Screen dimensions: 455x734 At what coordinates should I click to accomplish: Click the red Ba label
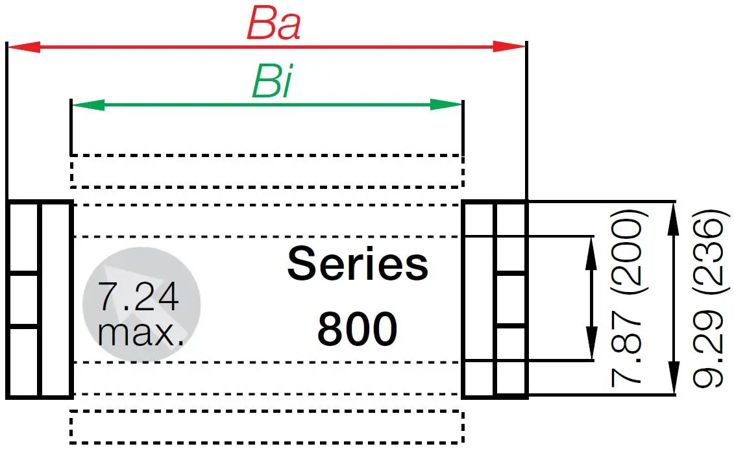(273, 25)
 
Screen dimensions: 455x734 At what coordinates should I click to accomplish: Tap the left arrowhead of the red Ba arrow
(23, 47)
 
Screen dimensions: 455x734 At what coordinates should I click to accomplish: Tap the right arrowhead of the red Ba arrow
(509, 47)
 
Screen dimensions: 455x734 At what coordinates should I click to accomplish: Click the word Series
(358, 264)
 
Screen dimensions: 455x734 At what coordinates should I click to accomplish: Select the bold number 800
(357, 329)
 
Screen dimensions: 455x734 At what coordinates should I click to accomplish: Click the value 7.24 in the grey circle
(138, 297)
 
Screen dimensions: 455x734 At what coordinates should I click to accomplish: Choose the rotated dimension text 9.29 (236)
(707, 299)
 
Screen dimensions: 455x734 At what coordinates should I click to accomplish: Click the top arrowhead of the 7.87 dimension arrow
(591, 252)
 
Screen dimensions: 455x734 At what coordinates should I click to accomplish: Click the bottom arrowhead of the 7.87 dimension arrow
(591, 343)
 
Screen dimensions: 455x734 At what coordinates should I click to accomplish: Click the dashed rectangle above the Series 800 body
(266, 171)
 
